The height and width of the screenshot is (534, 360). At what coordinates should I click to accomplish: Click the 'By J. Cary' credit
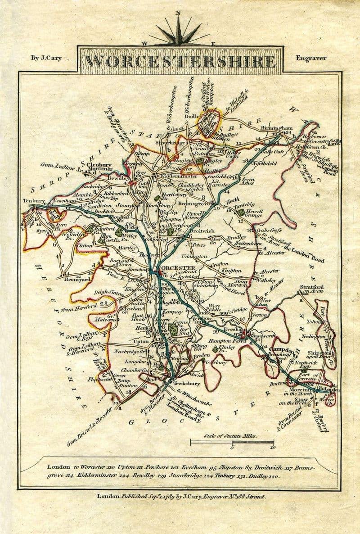pos(46,58)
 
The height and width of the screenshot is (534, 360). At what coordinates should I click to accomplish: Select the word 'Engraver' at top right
pos(311,58)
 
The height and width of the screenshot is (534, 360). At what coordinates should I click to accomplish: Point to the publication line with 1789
pos(182,496)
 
